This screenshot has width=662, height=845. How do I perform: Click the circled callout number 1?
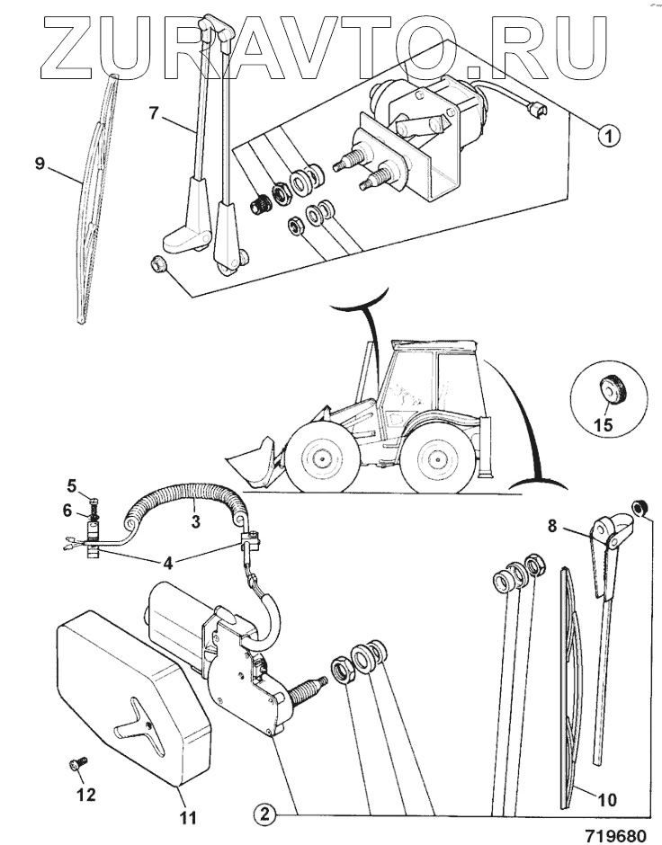(610, 137)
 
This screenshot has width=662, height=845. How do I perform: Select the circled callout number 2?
(263, 815)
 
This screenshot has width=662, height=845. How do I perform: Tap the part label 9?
(39, 164)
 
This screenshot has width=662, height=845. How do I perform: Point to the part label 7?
(154, 113)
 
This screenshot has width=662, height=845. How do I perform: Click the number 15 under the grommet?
(604, 424)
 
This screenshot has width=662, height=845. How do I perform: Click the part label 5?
(71, 486)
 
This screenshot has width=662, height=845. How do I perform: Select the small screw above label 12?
(76, 765)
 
